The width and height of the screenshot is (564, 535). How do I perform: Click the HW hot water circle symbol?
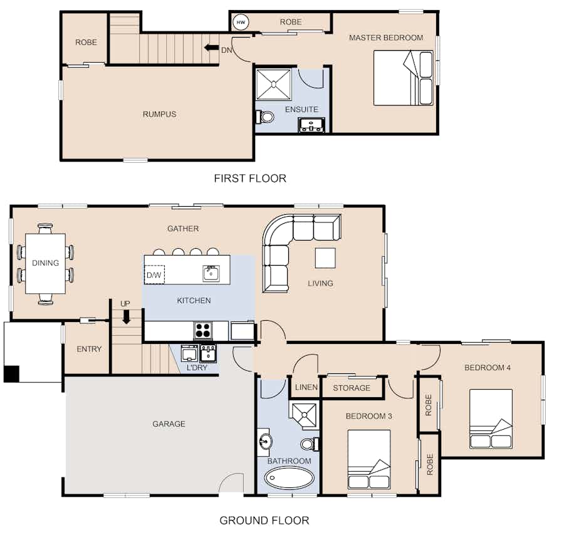241,23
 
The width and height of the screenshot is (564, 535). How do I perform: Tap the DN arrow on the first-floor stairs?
211,48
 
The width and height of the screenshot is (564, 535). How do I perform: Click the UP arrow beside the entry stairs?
126,316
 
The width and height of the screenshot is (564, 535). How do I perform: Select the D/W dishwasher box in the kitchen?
154,274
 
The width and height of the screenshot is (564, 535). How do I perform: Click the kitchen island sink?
211,273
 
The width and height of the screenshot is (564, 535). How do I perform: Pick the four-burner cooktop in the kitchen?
203,330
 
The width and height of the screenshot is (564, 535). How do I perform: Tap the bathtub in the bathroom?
289,478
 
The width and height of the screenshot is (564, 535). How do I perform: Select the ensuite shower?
273,85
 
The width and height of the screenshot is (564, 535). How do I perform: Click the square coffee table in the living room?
325,258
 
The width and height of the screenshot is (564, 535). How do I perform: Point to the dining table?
45,264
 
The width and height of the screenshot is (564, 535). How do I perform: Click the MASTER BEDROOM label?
386,38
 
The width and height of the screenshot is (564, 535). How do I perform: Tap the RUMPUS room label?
159,115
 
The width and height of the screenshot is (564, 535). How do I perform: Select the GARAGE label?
169,424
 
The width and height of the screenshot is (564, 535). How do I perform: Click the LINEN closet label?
306,387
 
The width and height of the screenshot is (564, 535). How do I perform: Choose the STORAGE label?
352,388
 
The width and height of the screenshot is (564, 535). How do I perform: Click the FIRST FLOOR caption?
250,179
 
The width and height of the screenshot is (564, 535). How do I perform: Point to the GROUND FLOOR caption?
264,520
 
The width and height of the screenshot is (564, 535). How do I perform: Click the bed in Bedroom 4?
491,418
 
